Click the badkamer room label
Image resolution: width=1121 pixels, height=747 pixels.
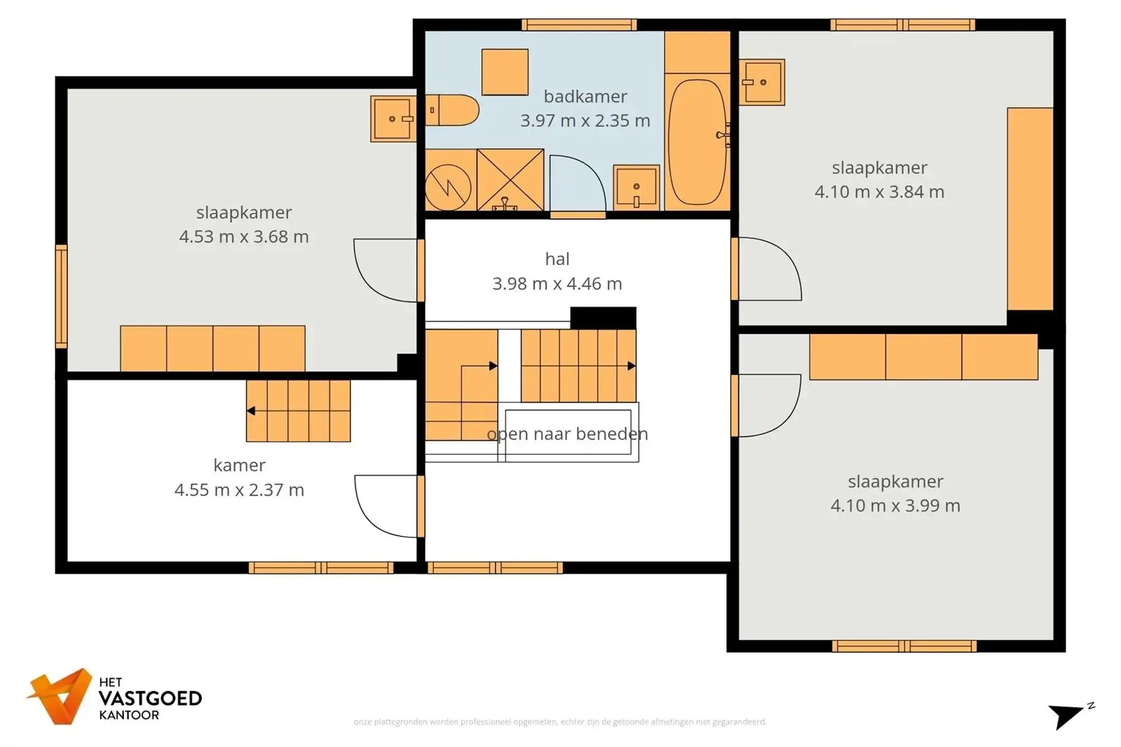(x=585, y=96)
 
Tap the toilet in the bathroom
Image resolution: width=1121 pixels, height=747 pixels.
(x=453, y=110)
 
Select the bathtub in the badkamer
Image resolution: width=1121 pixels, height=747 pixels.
(x=697, y=142)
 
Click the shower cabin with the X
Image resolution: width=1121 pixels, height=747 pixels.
(x=510, y=179)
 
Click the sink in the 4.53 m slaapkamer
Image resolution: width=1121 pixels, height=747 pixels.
(x=393, y=119)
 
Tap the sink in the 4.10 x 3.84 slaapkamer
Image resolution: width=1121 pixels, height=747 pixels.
(x=762, y=82)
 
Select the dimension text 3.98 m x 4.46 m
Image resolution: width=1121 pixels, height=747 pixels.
(x=557, y=284)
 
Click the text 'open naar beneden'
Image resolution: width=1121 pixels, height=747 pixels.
(x=567, y=434)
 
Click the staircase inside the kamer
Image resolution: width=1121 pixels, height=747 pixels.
(x=299, y=411)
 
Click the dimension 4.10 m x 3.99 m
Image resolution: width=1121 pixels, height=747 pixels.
(x=895, y=505)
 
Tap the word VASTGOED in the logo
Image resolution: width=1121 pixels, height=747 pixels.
(x=150, y=699)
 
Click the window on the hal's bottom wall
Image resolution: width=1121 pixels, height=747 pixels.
(x=495, y=568)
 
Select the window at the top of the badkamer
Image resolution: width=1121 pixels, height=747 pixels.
(x=579, y=25)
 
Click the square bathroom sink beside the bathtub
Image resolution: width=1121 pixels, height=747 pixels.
(x=636, y=187)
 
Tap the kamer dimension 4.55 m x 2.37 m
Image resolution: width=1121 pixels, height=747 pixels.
(x=239, y=490)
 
